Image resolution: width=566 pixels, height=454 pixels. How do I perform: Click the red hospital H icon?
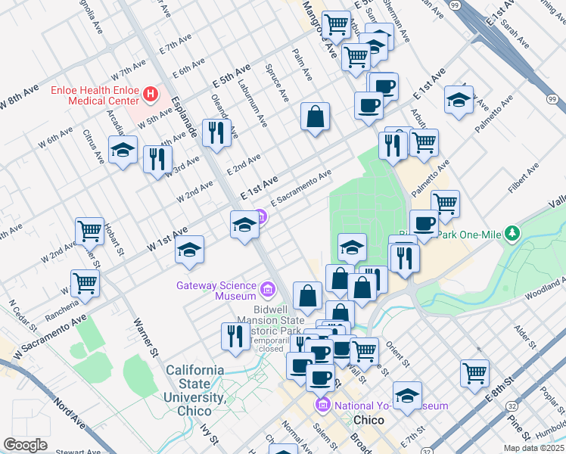coord(151,95)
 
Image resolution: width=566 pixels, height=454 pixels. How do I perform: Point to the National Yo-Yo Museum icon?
coord(323,406)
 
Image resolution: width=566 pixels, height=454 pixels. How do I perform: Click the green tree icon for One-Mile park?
coord(513,232)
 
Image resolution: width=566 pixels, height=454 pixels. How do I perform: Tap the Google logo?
coord(25,445)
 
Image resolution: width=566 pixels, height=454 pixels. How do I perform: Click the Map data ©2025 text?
coord(533,448)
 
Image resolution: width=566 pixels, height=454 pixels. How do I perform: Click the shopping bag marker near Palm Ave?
coord(315,117)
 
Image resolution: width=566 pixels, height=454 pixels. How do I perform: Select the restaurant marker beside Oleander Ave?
coord(217,133)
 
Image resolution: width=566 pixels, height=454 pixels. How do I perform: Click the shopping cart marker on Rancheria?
coord(86,283)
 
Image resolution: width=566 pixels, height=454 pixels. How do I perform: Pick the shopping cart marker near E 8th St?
coord(474,372)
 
